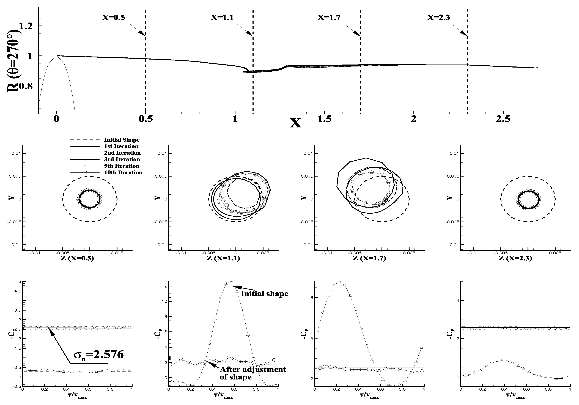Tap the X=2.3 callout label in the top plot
[x=438, y=17]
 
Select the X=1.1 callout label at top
[x=222, y=17]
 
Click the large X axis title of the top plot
[x=296, y=123]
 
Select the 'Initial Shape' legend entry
[x=122, y=140]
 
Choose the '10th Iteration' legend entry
[x=123, y=172]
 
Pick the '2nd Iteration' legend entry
[x=122, y=153]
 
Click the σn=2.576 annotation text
[x=99, y=354]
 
